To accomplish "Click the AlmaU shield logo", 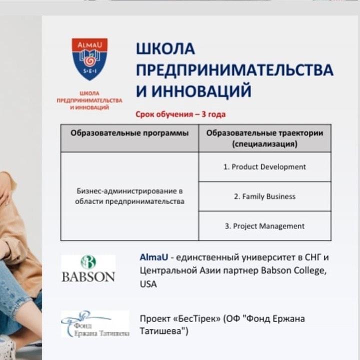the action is [x=89, y=59].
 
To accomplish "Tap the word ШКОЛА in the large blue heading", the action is [x=165, y=49].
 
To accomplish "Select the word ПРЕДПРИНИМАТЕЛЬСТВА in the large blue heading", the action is [x=234, y=70].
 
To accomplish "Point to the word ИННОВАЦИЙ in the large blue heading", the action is [x=201, y=91].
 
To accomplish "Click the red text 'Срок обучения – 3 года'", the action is [x=180, y=114].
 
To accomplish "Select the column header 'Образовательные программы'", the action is [x=129, y=133].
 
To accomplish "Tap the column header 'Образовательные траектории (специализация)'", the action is [x=264, y=138].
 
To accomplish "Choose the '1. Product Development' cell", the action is [x=264, y=167].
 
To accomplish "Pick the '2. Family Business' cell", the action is [x=264, y=196].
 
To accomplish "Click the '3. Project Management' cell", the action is [x=264, y=226].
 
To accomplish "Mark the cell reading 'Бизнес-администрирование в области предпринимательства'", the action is [x=129, y=196].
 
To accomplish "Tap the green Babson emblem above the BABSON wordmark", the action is [x=88, y=262].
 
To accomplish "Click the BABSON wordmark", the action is [x=88, y=277].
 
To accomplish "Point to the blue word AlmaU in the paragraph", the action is [x=154, y=257].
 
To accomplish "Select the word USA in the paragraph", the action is [x=148, y=284].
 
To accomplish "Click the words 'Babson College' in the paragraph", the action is [x=293, y=271].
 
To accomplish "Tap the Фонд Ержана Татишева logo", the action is [x=95, y=323].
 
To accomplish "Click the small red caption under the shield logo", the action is [x=89, y=100].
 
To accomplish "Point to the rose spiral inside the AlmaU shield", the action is [x=89, y=61].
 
